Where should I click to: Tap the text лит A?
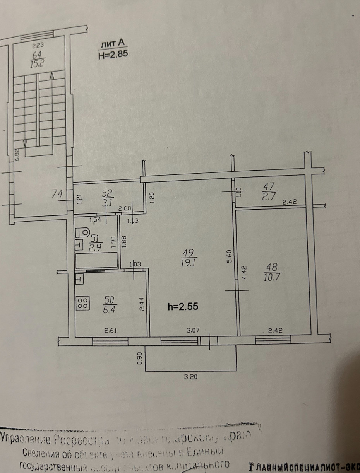coord(111,44)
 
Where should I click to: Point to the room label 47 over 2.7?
coord(267,190)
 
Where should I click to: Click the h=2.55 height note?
coord(183,306)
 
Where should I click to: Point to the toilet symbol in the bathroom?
coord(82,232)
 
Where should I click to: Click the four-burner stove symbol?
coord(82,302)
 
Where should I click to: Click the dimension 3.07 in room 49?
coord(191,330)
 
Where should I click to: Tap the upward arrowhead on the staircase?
coord(51,77)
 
